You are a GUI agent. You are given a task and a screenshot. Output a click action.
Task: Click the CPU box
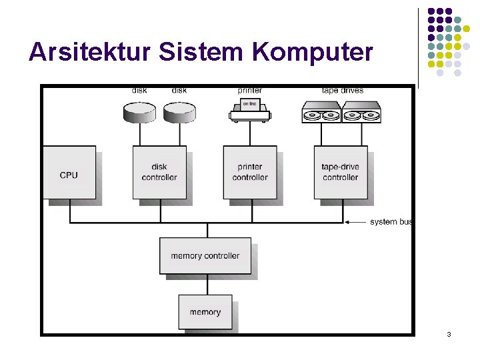[69, 173]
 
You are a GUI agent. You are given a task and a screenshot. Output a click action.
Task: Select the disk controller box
[159, 173]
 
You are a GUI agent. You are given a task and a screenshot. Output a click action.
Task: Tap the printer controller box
[249, 173]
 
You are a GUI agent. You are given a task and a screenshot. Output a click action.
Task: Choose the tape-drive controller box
[340, 173]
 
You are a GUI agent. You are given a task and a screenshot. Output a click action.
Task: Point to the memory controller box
[205, 256]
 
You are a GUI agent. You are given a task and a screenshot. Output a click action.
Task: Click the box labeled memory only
[205, 312]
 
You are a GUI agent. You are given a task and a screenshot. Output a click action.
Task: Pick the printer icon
[249, 111]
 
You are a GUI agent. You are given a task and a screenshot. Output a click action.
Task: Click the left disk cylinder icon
[140, 111]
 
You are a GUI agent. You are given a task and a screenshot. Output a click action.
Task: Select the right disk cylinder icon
[179, 111]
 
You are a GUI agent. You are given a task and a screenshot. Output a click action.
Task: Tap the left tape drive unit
[321, 112]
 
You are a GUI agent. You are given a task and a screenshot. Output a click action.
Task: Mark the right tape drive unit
[361, 112]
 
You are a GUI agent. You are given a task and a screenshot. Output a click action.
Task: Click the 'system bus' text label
[392, 222]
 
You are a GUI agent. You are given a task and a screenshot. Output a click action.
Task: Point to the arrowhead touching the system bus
[347, 222]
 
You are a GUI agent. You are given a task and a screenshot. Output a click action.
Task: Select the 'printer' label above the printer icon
[249, 90]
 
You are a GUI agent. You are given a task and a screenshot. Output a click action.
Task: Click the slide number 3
[449, 333]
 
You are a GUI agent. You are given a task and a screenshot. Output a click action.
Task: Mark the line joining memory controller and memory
[207, 285]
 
